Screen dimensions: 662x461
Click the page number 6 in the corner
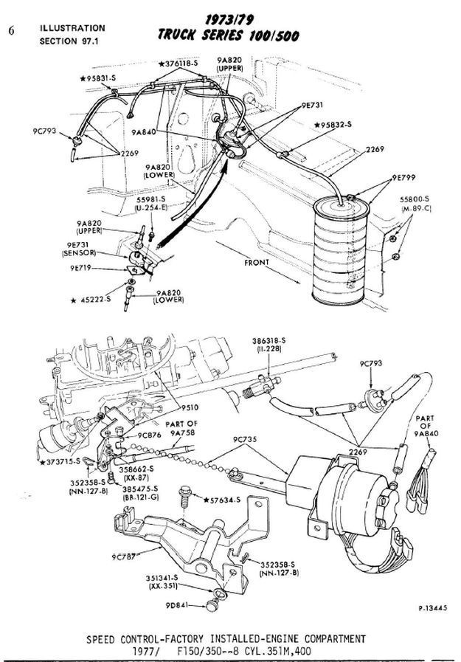(10, 31)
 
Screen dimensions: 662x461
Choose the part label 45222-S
(94, 300)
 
